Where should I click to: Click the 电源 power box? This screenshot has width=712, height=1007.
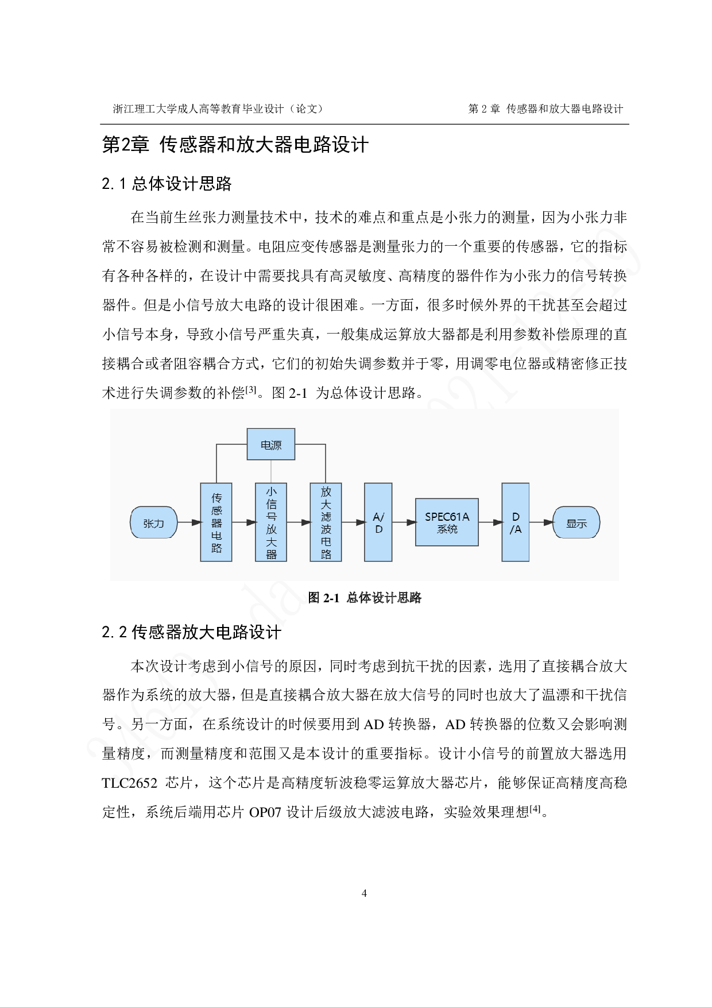[x=271, y=444]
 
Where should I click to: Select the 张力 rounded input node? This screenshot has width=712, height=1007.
[x=153, y=523]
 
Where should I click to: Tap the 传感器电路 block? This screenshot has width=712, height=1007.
[x=216, y=522]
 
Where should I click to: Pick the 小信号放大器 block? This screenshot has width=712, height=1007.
[x=271, y=522]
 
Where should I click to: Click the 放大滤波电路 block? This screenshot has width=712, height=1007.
[x=326, y=522]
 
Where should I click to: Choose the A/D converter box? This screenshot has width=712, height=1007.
[x=378, y=522]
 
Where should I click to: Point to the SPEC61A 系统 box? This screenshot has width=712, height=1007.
[x=447, y=522]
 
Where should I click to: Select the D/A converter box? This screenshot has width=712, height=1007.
[x=516, y=522]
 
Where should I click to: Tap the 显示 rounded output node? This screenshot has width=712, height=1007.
[x=576, y=523]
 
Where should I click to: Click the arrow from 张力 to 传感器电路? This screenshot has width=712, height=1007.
[x=188, y=522]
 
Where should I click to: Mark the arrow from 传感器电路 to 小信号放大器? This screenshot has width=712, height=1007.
[x=244, y=522]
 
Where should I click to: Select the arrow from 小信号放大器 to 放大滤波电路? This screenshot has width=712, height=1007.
[x=299, y=522]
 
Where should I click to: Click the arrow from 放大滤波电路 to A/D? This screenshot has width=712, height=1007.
[x=353, y=522]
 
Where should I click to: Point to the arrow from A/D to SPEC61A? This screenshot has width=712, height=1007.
[x=404, y=522]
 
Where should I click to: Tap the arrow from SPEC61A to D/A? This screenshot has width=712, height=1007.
[x=490, y=522]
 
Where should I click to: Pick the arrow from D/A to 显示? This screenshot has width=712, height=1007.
[x=541, y=522]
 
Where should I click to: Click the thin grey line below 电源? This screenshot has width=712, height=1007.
[x=271, y=471]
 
